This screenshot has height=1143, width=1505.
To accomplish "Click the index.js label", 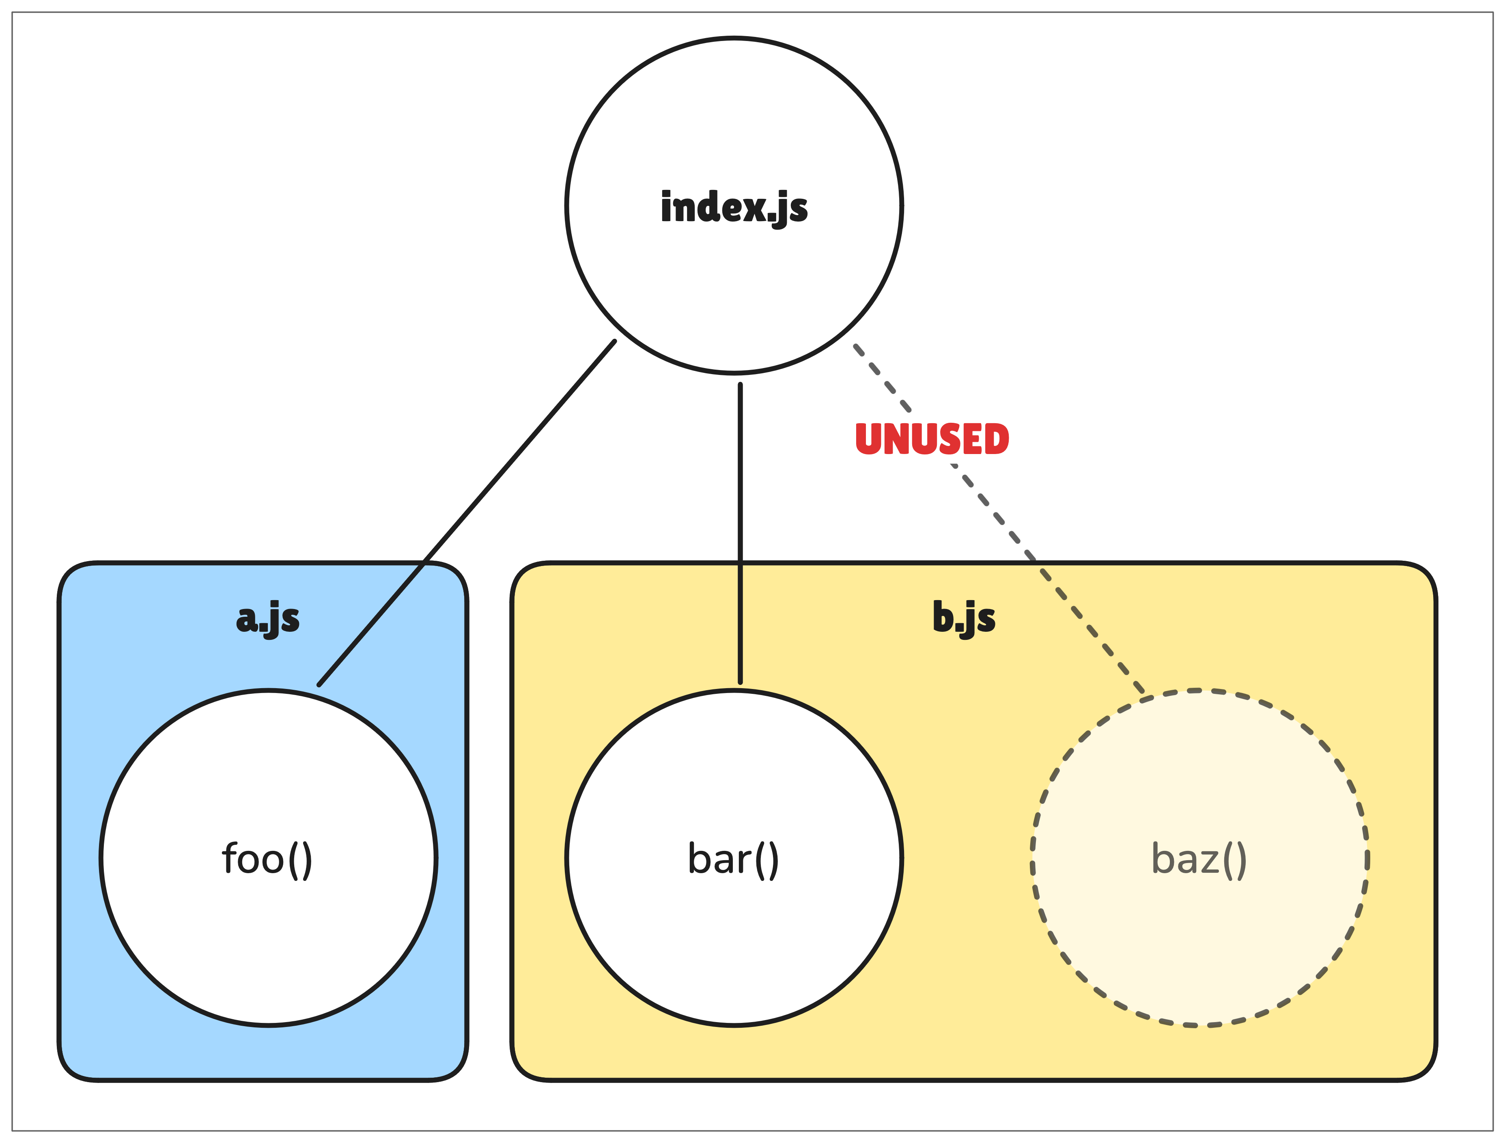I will tap(734, 207).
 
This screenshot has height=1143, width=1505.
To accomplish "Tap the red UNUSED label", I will tap(931, 439).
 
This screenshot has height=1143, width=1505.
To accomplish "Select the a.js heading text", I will tap(267, 618).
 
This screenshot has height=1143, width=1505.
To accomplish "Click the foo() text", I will tap(267, 859).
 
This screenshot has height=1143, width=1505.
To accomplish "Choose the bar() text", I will tap(733, 859).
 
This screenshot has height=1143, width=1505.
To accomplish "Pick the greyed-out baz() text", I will tap(1199, 859).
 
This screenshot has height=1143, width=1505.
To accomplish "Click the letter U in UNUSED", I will tap(869, 439).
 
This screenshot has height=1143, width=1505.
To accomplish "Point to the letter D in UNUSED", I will tap(995, 439).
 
